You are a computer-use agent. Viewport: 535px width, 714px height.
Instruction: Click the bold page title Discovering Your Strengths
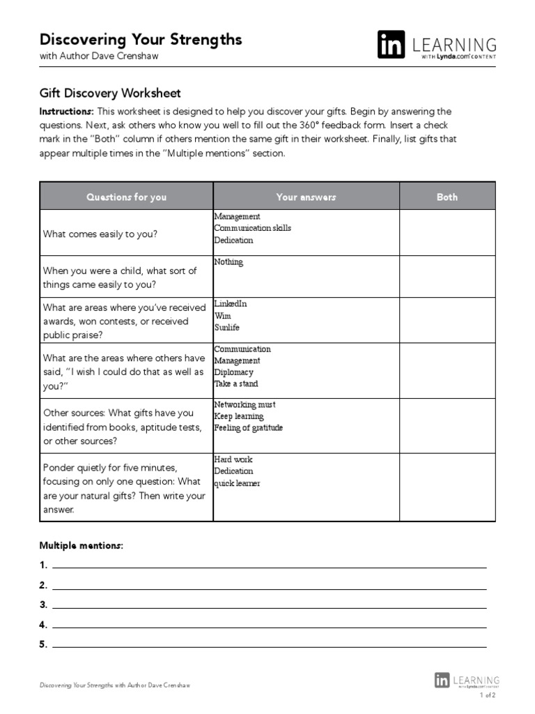point(141,39)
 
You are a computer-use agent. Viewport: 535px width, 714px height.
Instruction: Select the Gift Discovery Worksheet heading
point(110,93)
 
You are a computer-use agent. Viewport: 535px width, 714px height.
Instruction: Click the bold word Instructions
point(66,112)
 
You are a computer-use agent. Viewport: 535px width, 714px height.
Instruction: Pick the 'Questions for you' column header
point(126,197)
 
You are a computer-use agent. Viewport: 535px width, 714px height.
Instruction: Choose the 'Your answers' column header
point(306,197)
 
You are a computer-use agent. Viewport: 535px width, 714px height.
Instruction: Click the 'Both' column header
point(447,197)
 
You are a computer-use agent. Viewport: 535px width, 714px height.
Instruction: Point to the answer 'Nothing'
point(228,262)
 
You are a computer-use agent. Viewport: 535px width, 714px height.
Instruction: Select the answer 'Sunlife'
point(226,327)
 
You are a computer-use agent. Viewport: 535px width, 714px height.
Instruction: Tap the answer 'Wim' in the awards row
point(222,316)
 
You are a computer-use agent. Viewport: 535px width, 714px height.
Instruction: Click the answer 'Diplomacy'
point(233,372)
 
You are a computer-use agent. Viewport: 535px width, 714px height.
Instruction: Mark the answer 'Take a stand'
point(235,383)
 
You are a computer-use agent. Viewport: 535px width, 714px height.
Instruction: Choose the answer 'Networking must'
point(245,404)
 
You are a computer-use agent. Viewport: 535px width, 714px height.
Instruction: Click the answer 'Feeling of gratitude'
point(248,427)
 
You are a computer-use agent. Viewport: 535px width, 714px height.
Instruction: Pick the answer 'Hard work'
point(233,459)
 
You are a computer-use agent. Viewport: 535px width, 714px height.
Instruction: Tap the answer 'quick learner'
point(237,483)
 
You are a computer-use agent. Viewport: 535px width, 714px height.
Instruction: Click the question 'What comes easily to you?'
point(100,234)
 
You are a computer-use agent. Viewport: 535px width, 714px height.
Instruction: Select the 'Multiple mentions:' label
point(81,545)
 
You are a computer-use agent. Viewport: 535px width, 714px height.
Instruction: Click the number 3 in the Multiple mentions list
point(43,605)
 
